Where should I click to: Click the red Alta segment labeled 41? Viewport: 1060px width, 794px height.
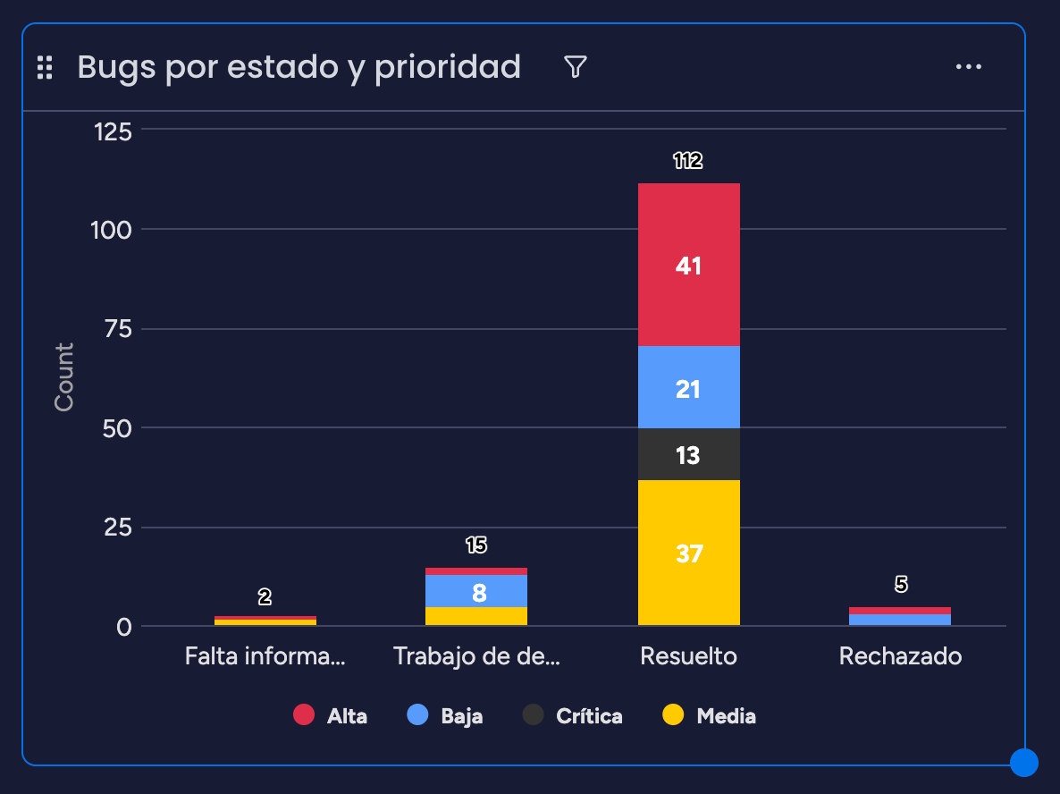pos(689,265)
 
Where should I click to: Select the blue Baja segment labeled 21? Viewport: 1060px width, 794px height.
pos(689,387)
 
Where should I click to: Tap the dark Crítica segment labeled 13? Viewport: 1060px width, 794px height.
pos(689,454)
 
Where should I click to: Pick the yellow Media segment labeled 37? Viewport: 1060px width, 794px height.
pos(689,553)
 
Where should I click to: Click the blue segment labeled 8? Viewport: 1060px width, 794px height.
pos(475,591)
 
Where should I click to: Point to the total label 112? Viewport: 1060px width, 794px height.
pos(688,160)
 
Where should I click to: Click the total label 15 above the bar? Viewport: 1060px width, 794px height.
pos(475,545)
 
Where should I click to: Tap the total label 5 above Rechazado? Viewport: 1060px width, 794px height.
pos(900,584)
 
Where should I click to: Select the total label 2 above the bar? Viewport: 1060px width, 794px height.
pos(265,596)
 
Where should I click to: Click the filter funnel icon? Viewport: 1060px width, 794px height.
pos(576,66)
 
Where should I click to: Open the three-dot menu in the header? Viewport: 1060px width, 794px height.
pos(969,66)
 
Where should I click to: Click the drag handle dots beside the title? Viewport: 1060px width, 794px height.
pos(45,67)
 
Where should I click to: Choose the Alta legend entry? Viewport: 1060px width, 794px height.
pos(331,715)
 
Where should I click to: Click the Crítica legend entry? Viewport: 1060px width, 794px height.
pos(573,715)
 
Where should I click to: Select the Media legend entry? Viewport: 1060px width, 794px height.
pos(709,715)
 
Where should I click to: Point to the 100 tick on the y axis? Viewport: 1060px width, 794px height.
pos(112,230)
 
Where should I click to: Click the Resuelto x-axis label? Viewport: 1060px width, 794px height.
pos(688,656)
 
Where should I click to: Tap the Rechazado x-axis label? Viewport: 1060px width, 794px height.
pos(900,656)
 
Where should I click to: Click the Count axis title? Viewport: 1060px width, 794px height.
pos(63,376)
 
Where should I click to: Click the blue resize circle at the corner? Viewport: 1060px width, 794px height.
pos(1024,763)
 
